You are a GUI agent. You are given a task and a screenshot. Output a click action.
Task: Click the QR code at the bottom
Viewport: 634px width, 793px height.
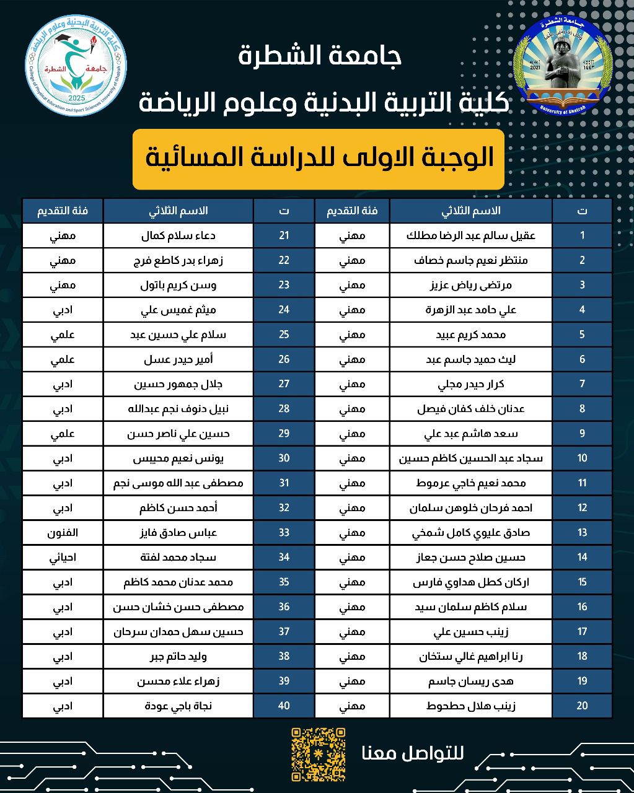click(318, 754)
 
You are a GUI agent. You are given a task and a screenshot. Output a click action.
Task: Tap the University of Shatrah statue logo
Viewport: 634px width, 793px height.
click(559, 61)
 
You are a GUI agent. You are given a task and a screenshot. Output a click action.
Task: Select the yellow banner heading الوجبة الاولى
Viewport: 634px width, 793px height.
click(318, 159)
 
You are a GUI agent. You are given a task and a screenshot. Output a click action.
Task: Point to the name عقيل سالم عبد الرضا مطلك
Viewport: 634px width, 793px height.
click(471, 235)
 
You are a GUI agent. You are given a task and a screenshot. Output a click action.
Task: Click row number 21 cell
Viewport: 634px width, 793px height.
click(284, 235)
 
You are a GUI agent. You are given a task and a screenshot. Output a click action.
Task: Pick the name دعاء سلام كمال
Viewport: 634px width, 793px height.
click(178, 235)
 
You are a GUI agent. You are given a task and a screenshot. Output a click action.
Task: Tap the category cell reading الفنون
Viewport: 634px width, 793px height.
click(62, 532)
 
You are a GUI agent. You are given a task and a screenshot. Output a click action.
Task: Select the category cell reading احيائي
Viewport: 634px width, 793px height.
click(62, 557)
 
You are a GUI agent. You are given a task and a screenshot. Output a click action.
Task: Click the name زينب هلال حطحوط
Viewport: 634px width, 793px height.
click(471, 706)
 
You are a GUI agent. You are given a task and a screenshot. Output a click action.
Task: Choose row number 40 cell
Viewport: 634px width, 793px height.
click(284, 706)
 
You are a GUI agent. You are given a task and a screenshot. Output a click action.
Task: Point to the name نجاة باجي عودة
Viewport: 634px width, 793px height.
click(178, 706)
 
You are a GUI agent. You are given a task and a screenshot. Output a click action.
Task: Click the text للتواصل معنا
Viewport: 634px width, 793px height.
click(412, 754)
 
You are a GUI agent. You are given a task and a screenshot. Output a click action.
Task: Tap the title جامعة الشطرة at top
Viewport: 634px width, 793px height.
click(320, 57)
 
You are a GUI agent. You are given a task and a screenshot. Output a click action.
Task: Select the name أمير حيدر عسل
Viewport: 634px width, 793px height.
click(178, 359)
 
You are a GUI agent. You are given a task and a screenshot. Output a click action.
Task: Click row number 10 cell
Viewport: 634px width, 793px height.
click(582, 458)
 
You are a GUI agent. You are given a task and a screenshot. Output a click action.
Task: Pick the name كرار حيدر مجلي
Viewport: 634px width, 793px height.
click(471, 384)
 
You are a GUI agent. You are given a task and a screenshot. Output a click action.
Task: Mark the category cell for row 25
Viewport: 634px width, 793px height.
click(62, 335)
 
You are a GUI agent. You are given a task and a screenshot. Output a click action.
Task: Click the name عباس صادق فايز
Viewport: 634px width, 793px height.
click(178, 532)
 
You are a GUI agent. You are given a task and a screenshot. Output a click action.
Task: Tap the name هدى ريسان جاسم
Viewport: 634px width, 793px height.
click(471, 681)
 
